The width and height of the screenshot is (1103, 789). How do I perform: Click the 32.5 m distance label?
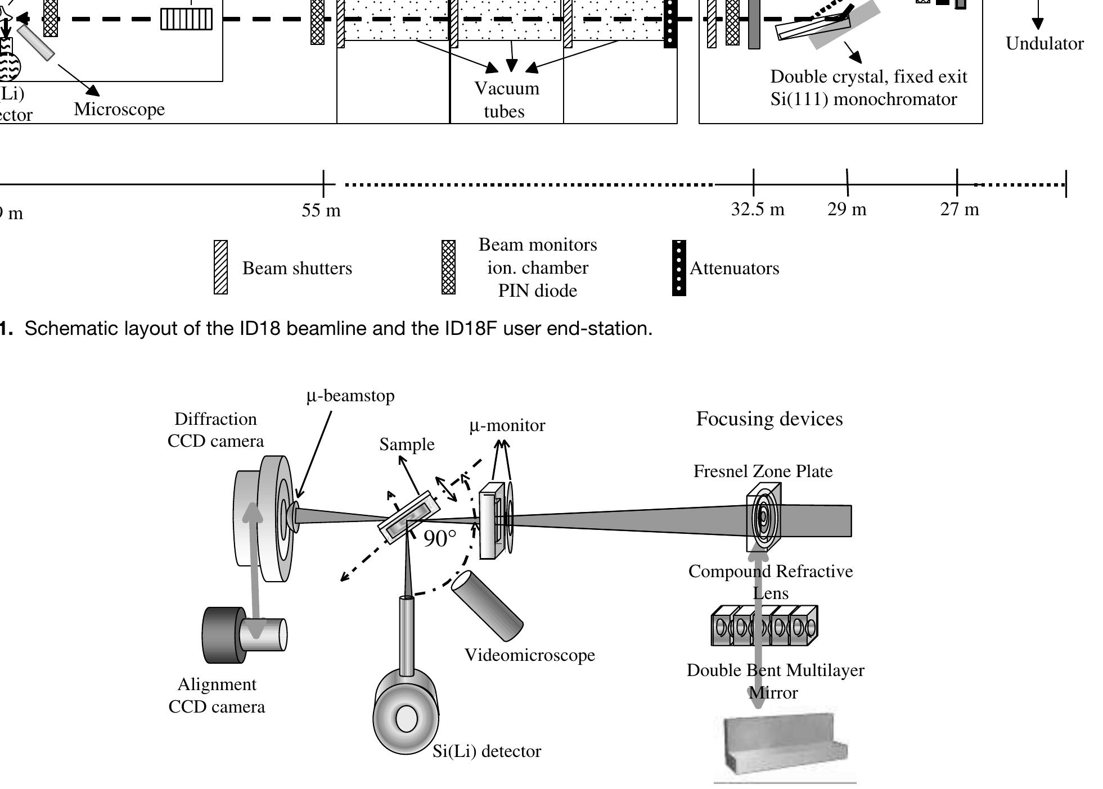757,209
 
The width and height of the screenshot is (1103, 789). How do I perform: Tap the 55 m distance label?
321,210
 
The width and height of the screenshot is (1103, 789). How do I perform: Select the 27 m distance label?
960,209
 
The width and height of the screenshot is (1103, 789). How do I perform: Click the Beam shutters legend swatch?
220,267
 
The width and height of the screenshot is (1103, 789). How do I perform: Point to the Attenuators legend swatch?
679,267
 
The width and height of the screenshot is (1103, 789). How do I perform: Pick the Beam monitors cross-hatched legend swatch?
448,267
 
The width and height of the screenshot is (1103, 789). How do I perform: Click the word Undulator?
1044,44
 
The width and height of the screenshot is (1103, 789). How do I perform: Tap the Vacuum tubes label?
506,99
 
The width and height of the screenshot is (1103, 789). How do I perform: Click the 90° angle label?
440,539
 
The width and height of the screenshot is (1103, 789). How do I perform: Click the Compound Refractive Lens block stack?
764,625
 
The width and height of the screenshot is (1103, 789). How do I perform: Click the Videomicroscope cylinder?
487,606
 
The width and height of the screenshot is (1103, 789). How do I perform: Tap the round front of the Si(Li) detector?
406,718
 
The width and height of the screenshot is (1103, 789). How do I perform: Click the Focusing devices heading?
769,419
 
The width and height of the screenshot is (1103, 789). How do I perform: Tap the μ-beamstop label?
350,396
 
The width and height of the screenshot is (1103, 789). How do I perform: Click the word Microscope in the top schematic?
119,109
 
